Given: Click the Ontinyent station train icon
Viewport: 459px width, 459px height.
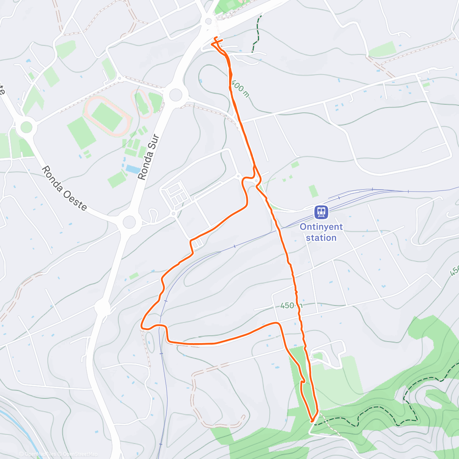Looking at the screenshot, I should (321, 212).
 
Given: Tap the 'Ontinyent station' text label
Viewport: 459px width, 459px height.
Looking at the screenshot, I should (321, 232).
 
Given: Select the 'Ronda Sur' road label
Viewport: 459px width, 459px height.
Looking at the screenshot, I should (148, 157).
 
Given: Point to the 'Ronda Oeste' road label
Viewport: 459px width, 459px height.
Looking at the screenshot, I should (64, 188).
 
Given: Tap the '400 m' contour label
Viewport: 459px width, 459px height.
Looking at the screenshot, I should (240, 88).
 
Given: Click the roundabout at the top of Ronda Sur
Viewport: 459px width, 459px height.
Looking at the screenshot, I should (175, 94).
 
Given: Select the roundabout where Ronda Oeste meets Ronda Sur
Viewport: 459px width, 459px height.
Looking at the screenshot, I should (129, 221).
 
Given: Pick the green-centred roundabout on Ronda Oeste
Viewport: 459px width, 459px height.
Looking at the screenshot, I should (26, 126).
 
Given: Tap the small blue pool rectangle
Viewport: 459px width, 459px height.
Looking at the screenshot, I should (132, 169).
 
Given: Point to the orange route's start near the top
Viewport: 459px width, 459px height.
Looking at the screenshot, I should (216, 39).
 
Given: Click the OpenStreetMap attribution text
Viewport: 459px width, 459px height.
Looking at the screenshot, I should (80, 454).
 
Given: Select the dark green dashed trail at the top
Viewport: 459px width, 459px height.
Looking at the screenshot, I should (257, 33).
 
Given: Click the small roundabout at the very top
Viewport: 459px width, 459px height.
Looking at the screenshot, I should (208, 21).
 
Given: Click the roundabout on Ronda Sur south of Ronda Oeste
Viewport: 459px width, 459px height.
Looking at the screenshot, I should (103, 307).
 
